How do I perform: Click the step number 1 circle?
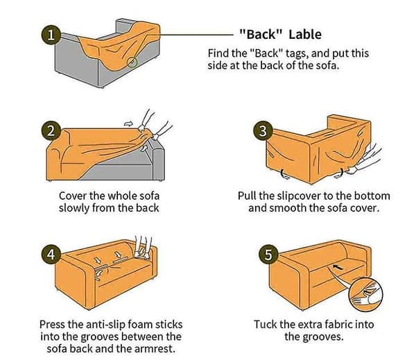[51, 35]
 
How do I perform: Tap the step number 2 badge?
[51, 131]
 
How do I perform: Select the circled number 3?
[263, 131]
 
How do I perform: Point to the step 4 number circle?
[51, 255]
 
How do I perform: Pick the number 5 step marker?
[268, 255]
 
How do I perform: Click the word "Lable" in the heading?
[305, 35]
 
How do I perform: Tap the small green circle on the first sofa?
[132, 62]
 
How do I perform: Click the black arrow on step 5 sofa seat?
[338, 267]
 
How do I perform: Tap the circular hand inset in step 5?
[365, 293]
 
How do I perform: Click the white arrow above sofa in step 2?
[128, 123]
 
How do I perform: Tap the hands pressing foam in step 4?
[142, 248]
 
